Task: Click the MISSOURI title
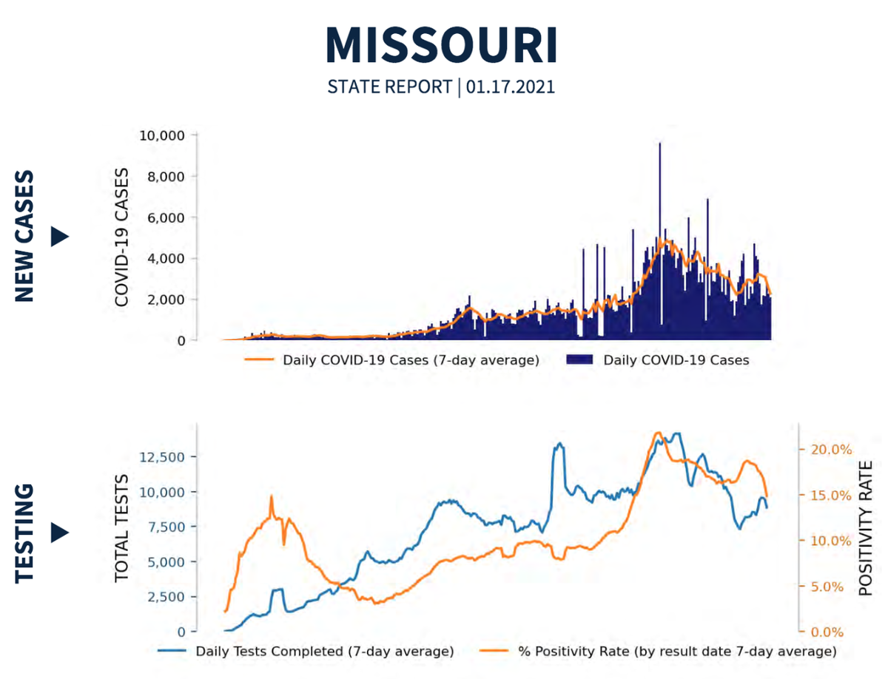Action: (442, 46)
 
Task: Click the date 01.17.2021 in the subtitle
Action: (511, 87)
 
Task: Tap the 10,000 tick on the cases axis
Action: (161, 135)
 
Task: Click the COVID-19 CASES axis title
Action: (122, 238)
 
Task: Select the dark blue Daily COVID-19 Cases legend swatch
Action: (581, 360)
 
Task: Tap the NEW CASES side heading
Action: (24, 237)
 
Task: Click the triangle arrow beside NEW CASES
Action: (59, 237)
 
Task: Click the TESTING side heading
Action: (24, 533)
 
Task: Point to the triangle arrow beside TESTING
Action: (59, 533)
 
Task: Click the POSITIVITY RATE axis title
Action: (866, 529)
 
